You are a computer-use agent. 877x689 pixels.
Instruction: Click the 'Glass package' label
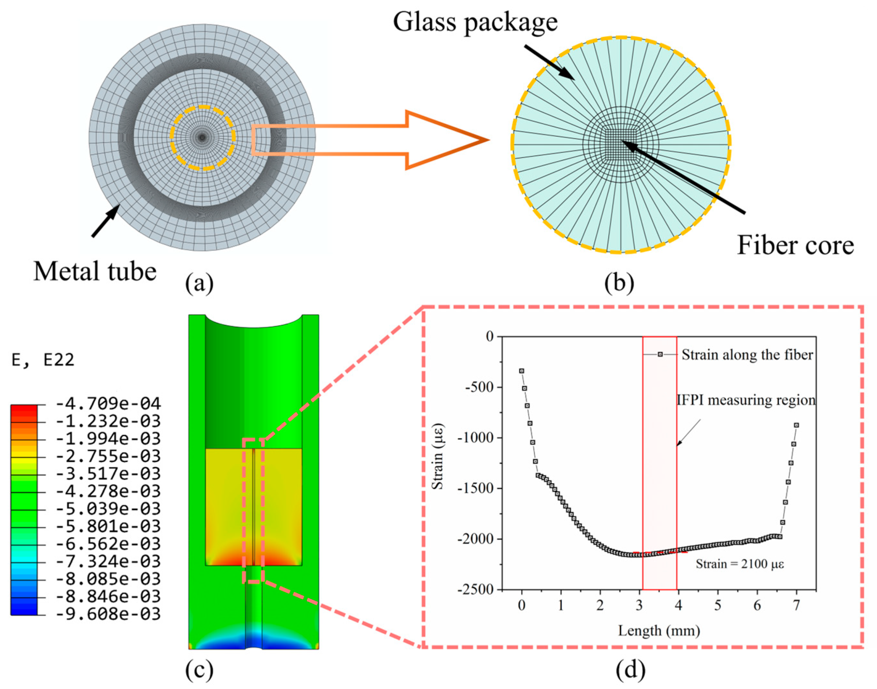(475, 22)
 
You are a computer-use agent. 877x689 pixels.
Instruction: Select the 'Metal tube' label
(95, 271)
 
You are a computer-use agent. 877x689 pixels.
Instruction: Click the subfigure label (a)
(199, 283)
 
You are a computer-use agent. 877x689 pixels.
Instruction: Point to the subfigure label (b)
(619, 283)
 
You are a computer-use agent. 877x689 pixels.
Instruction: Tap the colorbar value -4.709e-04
(108, 404)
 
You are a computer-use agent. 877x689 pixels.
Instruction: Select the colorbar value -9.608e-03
(108, 614)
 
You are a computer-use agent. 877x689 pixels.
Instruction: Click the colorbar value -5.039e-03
(108, 509)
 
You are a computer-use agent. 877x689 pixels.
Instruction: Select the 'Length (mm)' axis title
(658, 630)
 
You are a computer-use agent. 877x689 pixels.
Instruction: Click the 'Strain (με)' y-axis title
(437, 456)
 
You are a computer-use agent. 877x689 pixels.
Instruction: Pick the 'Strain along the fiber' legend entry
(747, 355)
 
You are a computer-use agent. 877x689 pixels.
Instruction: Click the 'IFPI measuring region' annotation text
(746, 400)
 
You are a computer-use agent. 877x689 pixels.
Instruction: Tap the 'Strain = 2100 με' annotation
(740, 564)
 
